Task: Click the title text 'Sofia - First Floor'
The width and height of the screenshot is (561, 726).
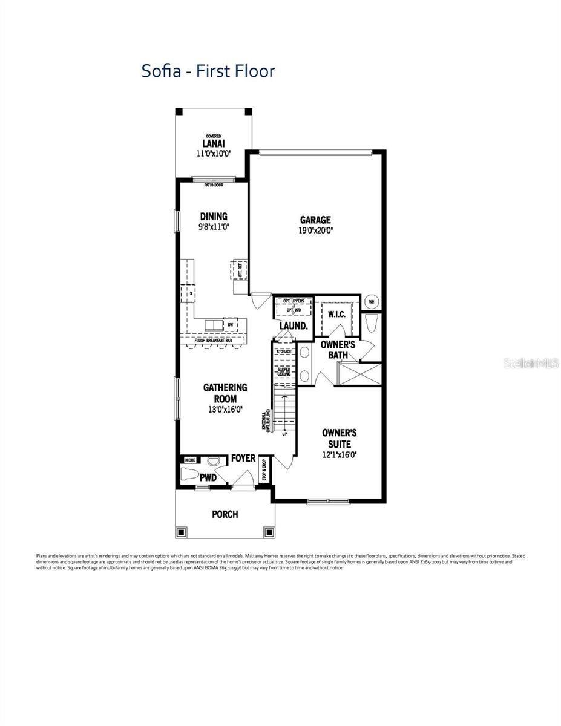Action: point(208,71)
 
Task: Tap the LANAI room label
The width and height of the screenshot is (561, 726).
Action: point(214,143)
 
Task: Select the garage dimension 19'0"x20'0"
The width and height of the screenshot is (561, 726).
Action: point(315,231)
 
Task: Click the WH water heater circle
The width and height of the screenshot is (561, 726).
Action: point(371,301)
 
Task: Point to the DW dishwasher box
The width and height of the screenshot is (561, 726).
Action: point(230,325)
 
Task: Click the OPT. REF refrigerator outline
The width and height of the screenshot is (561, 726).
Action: point(240,269)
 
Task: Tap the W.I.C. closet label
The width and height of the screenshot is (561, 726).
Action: point(336,314)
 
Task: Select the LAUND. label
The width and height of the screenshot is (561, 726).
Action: point(294,325)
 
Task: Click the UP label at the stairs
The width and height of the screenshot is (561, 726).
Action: point(285,434)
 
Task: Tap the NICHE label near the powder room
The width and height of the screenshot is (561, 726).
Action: point(189,460)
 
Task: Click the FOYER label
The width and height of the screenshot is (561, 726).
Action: point(243,459)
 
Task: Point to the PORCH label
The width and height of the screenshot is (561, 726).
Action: point(225,514)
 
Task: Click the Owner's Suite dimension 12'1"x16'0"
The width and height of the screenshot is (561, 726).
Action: point(339,454)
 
